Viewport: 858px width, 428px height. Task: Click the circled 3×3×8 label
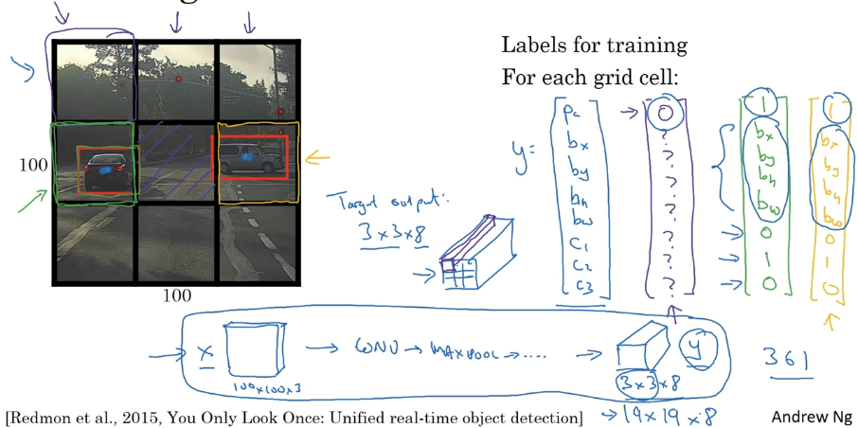[641, 383]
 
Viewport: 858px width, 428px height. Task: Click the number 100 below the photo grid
[177, 295]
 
